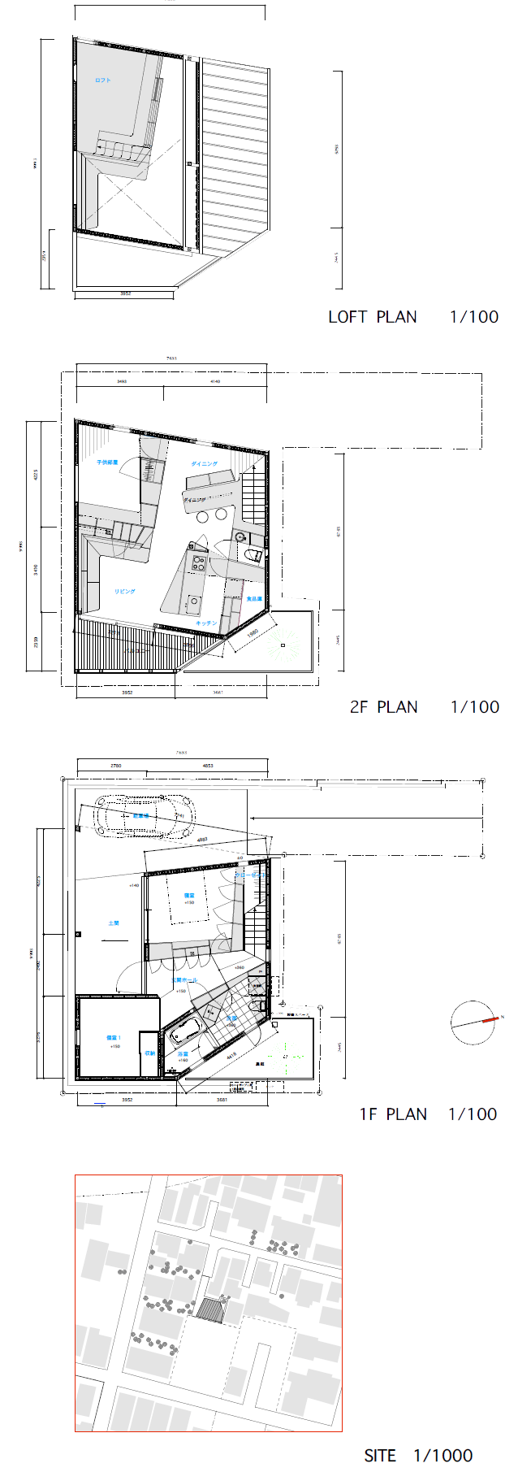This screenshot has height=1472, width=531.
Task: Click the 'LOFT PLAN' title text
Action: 373,317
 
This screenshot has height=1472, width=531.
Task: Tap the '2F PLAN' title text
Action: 383,707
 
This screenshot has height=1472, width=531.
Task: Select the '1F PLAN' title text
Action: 393,1114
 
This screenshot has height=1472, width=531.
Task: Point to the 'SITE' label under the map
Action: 380,1456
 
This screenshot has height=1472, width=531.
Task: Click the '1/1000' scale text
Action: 442,1456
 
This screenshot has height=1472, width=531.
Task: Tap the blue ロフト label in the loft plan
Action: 102,80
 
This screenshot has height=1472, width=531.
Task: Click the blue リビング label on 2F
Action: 124,592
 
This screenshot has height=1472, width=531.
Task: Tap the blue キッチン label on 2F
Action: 206,623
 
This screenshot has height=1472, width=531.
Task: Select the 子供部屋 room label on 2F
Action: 107,462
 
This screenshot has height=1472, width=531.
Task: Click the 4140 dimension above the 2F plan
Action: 215,381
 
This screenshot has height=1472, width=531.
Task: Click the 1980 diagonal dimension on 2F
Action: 253,632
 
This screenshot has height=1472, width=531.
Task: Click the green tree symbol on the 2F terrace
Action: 282,645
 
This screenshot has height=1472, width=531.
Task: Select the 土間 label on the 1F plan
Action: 114,923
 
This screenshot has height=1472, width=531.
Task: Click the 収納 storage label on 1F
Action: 149,1053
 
